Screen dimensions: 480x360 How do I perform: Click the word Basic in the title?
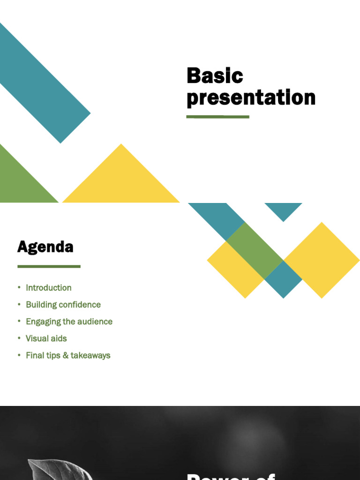pyautogui.click(x=215, y=76)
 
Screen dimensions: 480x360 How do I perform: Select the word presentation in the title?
pyautogui.click(x=251, y=98)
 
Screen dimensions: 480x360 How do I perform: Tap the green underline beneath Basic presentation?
pyautogui.click(x=218, y=117)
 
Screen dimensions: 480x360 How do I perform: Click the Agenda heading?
pyautogui.click(x=45, y=247)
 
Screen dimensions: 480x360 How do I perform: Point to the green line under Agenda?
pyautogui.click(x=49, y=266)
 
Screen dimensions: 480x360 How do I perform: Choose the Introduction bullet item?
pyautogui.click(x=49, y=288)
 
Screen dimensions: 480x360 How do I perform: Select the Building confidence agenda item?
pyautogui.click(x=63, y=305)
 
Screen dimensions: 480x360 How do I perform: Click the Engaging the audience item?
pyautogui.click(x=69, y=322)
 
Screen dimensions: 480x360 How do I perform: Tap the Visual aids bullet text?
pyautogui.click(x=46, y=338)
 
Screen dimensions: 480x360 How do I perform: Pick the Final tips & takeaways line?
pyautogui.click(x=68, y=355)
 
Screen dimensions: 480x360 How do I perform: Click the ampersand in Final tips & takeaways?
pyautogui.click(x=65, y=355)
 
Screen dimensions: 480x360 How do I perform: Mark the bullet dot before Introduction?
pyautogui.click(x=19, y=287)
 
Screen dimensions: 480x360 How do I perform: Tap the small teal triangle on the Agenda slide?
pyautogui.click(x=283, y=210)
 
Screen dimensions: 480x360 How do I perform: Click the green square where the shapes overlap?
pyautogui.click(x=255, y=250)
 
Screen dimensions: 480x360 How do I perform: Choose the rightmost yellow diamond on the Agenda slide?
pyautogui.click(x=322, y=260)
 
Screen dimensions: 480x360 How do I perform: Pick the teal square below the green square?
pyautogui.click(x=283, y=279)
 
